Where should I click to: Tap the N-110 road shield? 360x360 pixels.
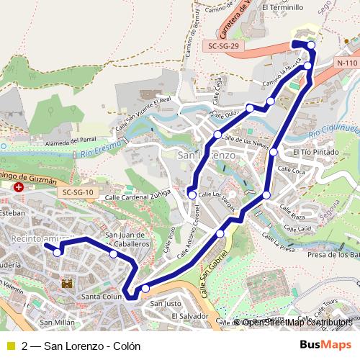(346, 63)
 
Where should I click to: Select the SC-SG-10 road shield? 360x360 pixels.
(76, 192)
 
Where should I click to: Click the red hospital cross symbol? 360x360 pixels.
(19, 187)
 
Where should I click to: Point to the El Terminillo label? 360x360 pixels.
(284, 7)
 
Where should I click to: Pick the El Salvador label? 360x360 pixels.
(190, 316)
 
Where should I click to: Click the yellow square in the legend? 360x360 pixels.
(10, 346)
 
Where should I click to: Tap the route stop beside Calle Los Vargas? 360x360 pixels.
(192, 193)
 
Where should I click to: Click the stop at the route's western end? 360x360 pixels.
(57, 251)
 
